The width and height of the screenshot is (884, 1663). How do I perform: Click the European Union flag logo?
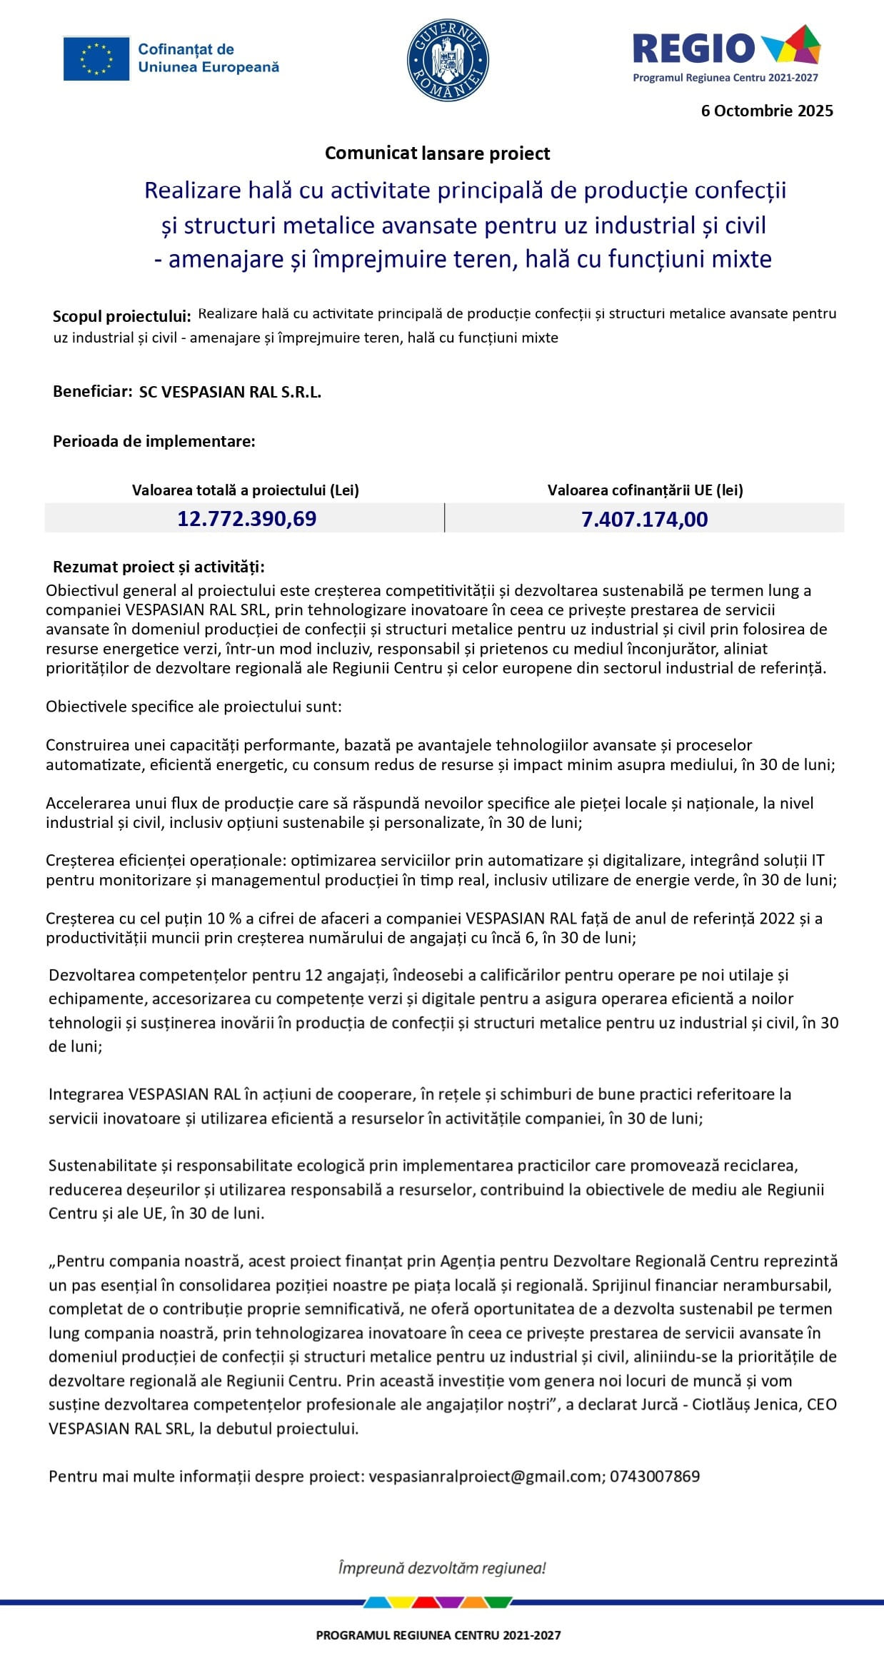[96, 59]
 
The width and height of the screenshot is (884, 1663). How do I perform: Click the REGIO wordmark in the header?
[693, 48]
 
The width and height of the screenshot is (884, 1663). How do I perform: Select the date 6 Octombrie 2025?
[767, 111]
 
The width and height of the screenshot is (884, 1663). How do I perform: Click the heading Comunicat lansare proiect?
[437, 153]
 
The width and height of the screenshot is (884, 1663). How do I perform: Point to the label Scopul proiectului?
[121, 316]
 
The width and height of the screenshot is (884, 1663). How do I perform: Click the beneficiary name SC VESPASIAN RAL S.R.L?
[230, 392]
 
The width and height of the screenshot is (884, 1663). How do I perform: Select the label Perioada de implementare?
[154, 441]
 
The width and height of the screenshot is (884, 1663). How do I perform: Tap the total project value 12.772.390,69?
[246, 519]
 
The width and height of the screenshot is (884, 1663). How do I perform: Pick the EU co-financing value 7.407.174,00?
[644, 519]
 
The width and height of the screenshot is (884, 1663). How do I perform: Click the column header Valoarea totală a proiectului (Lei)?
[245, 490]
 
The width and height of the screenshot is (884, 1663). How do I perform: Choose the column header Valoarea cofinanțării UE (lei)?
[645, 490]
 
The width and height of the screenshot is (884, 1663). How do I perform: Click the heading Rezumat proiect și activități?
[159, 567]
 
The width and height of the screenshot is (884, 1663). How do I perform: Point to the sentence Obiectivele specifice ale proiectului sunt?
[194, 707]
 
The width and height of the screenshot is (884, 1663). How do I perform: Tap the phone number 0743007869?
[655, 1476]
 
